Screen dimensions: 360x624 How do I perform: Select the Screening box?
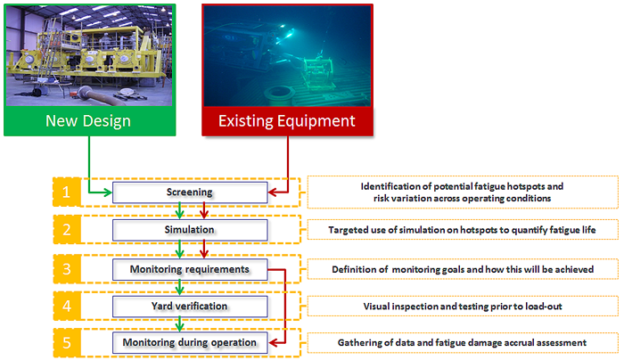190,192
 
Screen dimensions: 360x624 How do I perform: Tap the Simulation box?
190,229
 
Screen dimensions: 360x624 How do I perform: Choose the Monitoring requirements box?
190,268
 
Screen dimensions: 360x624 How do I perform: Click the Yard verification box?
190,306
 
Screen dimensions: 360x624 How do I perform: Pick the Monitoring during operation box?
190,342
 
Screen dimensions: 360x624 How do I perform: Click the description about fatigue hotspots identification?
462,192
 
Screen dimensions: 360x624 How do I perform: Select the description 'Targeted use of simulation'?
462,230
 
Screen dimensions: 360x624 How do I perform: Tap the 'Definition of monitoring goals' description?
462,268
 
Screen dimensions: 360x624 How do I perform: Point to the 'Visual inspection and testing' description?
462,306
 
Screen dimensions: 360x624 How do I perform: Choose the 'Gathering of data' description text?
462,342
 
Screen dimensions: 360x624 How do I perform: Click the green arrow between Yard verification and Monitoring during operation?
181,323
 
